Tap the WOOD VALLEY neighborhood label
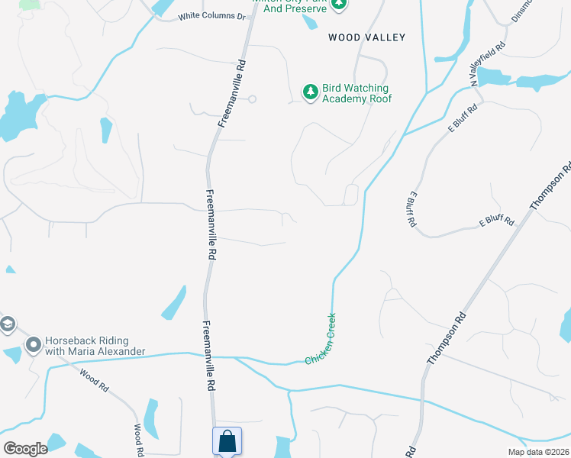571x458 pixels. point(366,37)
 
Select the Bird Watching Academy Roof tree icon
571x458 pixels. point(310,92)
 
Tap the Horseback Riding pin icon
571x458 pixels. point(32,346)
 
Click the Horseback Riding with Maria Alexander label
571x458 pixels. point(95,346)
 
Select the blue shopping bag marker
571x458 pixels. point(227,441)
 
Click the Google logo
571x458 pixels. point(25,449)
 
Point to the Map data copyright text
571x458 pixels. point(538,452)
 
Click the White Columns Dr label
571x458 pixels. point(211,16)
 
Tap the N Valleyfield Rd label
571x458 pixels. point(488,62)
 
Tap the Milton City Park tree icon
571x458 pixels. point(339,4)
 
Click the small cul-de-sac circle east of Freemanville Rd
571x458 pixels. point(252,98)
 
